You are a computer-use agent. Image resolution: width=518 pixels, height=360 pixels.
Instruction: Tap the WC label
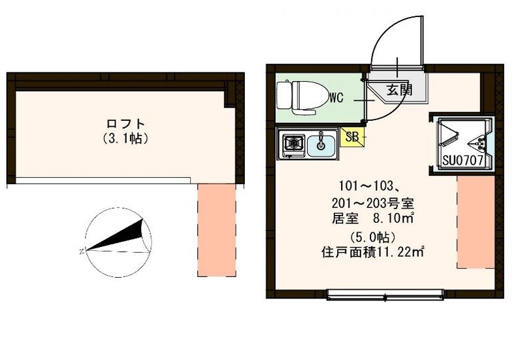(x=336, y=99)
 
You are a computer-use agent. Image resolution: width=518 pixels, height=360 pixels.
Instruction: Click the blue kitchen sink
(x=321, y=142)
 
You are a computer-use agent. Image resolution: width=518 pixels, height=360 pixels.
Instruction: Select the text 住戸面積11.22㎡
(x=373, y=250)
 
